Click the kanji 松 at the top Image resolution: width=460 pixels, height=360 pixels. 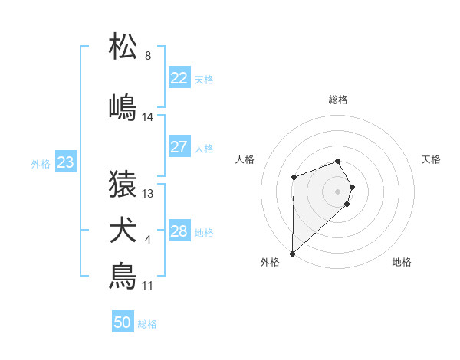(x=123, y=47)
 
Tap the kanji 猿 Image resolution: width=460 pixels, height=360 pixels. (x=123, y=184)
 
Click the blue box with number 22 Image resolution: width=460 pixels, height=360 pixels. (x=179, y=78)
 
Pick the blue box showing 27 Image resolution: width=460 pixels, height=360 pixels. (x=179, y=147)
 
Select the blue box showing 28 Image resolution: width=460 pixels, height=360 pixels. (x=179, y=231)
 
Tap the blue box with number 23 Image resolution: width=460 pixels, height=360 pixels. (x=65, y=162)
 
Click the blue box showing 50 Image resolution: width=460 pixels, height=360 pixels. (x=122, y=322)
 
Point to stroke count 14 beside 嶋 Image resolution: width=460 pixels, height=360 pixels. (x=148, y=117)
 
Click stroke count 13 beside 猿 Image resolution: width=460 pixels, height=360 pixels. (x=148, y=194)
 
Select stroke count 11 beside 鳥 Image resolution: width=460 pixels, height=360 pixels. (x=147, y=286)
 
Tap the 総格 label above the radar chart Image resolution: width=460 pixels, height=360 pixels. (x=337, y=100)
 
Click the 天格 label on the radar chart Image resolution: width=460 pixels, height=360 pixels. (x=431, y=159)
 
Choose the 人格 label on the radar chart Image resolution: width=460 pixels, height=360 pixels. (x=245, y=159)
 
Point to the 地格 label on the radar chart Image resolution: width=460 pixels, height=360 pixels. (x=402, y=263)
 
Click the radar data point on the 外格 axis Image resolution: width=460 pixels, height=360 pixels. (x=292, y=253)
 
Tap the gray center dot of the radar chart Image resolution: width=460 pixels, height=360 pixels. (x=337, y=191)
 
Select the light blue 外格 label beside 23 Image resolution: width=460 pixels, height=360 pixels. (x=40, y=163)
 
